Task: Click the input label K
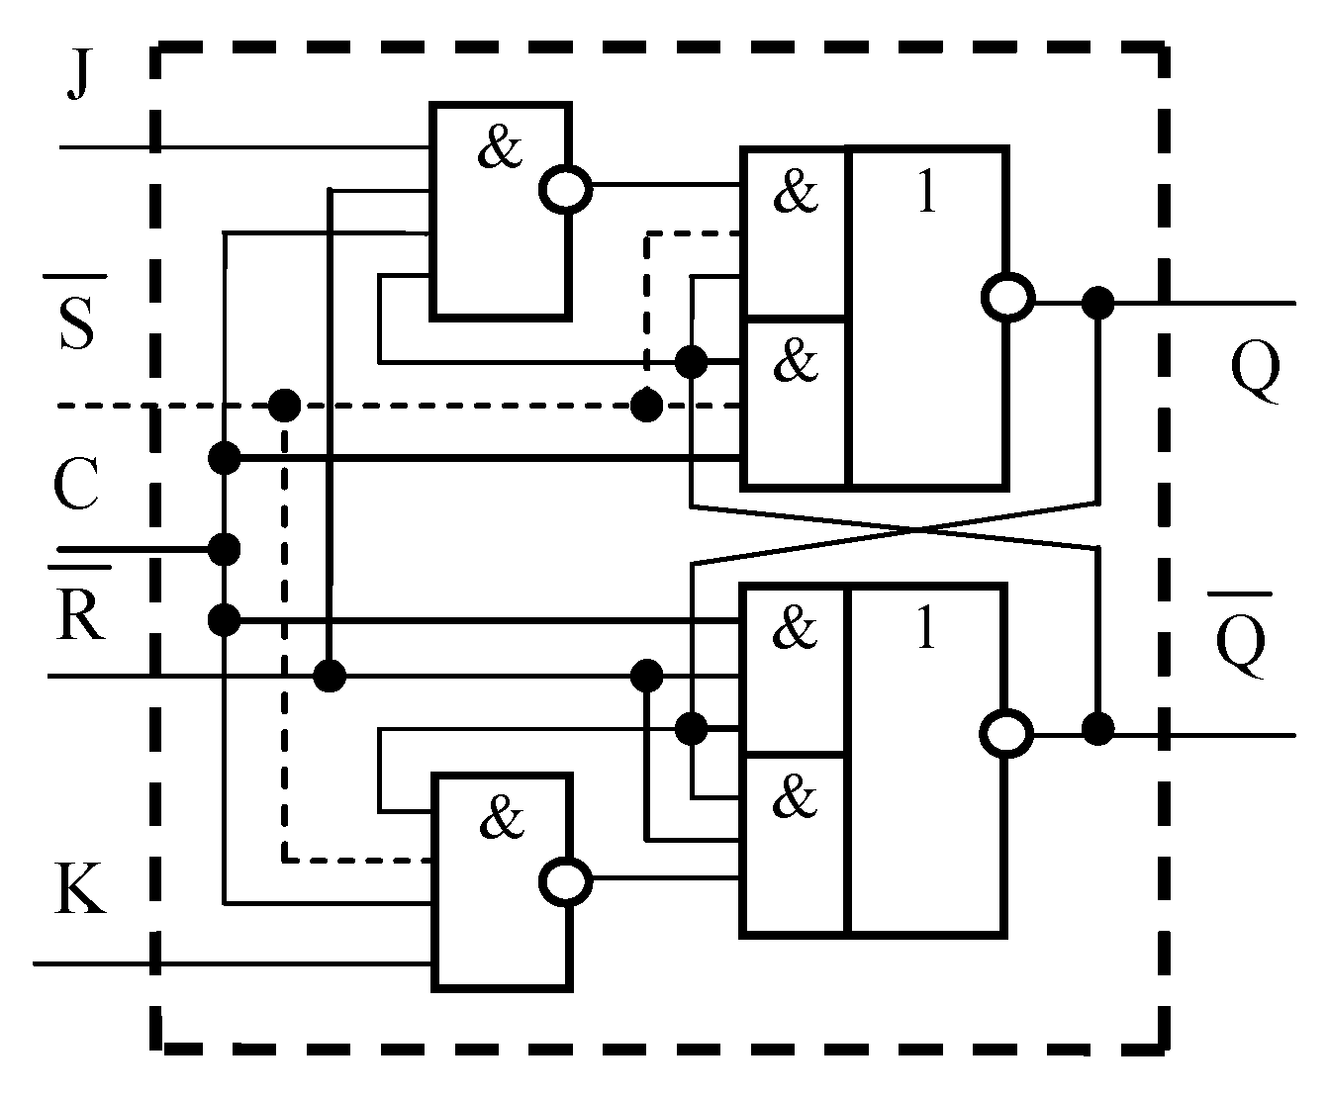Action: [x=79, y=890]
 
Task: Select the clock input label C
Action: [x=75, y=487]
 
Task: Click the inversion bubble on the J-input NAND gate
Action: [x=566, y=186]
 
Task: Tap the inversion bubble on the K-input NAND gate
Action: [x=566, y=878]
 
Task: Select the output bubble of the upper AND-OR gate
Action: [x=1007, y=297]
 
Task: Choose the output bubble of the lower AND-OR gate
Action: [x=1007, y=734]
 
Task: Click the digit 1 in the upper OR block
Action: [x=926, y=193]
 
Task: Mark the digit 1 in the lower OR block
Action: [x=926, y=628]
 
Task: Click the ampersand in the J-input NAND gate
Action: [x=500, y=150]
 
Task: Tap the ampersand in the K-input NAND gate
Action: [x=500, y=819]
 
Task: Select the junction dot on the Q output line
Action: [x=1097, y=302]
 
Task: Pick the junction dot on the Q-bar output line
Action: [x=1096, y=730]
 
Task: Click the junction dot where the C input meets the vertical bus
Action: [x=226, y=548]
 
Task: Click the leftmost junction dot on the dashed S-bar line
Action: [x=284, y=404]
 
